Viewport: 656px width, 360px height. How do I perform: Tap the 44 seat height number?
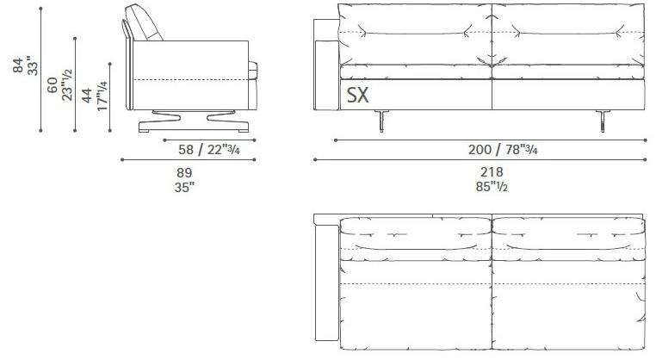(x=87, y=95)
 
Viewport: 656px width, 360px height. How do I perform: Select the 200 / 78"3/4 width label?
(x=503, y=149)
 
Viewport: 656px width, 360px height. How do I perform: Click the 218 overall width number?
(x=492, y=172)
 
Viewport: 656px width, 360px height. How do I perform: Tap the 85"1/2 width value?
(x=492, y=186)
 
